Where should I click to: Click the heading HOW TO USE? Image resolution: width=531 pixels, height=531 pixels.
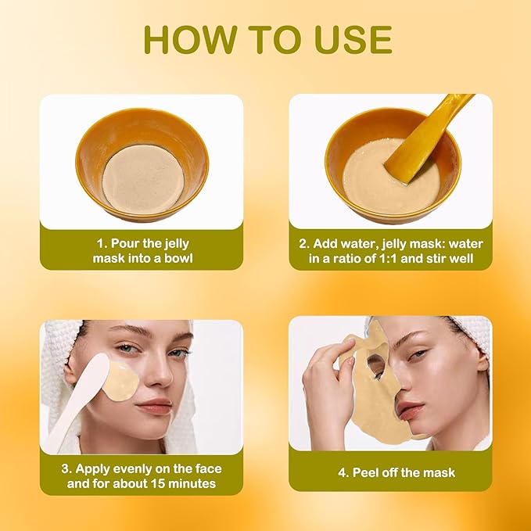click(x=267, y=40)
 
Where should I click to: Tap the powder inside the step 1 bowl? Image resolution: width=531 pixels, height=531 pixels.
click(x=142, y=178)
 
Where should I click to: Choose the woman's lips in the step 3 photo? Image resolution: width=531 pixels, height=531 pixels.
click(x=156, y=406)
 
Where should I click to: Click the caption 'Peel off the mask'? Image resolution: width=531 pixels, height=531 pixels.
click(x=396, y=472)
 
